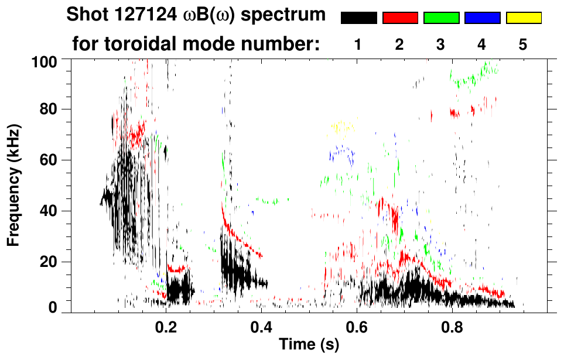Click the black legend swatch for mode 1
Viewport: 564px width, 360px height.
[359, 18]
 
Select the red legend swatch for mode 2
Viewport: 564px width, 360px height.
[400, 18]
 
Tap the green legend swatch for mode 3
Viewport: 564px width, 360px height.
[441, 18]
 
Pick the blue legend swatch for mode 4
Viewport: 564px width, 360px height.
[482, 18]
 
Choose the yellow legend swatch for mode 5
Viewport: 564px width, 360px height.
[523, 18]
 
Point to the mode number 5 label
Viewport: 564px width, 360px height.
[523, 44]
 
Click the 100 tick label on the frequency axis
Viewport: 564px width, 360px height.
[44, 60]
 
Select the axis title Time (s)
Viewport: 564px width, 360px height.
[309, 345]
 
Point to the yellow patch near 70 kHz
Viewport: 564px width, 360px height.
[342, 126]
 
